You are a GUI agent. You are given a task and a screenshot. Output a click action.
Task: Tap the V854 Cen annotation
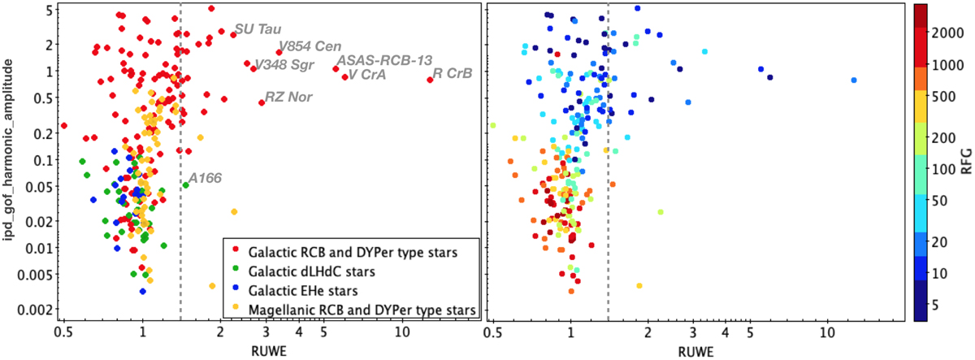click(310, 47)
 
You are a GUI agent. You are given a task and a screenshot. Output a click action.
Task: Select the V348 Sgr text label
click(286, 64)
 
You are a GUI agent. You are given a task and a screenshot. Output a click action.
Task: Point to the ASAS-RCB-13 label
click(384, 60)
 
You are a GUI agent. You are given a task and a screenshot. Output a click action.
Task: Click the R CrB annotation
click(453, 73)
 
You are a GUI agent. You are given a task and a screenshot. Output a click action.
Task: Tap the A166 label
click(206, 178)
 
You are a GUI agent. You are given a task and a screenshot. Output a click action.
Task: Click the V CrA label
click(368, 75)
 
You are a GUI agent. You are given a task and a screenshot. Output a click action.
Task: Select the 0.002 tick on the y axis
click(30, 309)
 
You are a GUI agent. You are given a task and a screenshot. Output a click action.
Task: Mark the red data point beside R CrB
click(430, 79)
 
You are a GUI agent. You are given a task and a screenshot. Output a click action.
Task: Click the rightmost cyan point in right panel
click(854, 80)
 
